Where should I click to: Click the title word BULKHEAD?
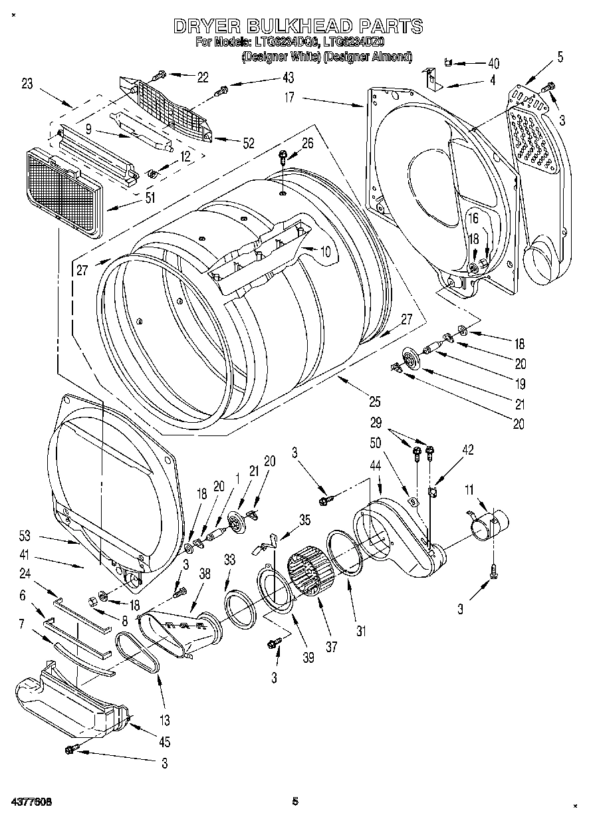298,26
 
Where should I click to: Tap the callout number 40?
493,64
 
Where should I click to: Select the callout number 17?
290,96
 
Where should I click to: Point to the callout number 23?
27,84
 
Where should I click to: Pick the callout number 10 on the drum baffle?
324,251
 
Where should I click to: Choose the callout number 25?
375,401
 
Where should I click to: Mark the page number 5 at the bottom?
295,802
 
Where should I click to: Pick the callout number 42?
468,450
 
